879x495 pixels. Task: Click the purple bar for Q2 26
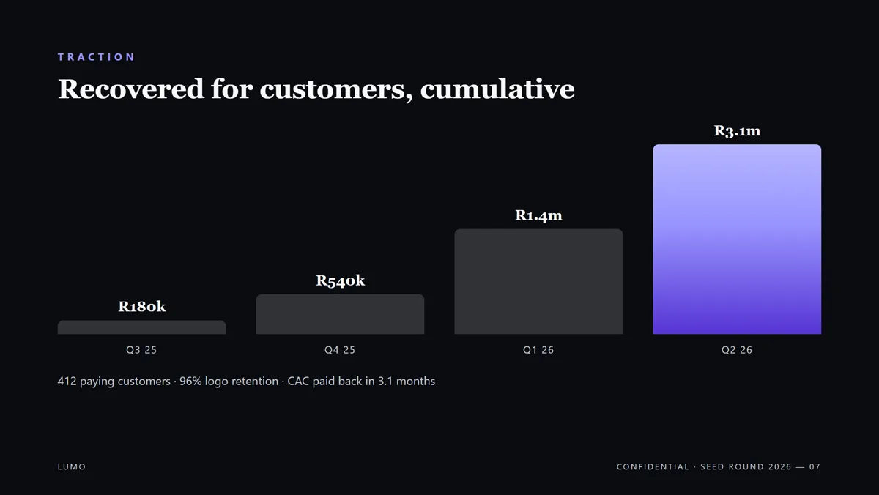(x=737, y=239)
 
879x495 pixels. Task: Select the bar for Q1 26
(x=538, y=282)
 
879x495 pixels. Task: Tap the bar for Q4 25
(x=340, y=314)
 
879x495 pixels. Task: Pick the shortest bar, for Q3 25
(x=141, y=327)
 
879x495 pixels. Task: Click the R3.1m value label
(x=737, y=131)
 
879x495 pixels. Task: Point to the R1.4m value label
(x=538, y=215)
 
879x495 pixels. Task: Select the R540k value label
(x=340, y=280)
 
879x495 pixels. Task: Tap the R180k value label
(x=141, y=306)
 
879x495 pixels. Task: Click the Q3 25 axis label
(x=141, y=350)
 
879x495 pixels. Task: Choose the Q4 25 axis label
(x=340, y=350)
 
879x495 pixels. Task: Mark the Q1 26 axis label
(x=538, y=350)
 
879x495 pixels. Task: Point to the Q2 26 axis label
(x=737, y=350)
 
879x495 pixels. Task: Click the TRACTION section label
(x=96, y=57)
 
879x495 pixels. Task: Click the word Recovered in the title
(x=130, y=89)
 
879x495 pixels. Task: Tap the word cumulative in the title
(x=497, y=89)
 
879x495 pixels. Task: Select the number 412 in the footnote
(x=67, y=382)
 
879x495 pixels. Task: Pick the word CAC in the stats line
(x=298, y=382)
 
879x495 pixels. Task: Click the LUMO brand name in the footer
(x=72, y=466)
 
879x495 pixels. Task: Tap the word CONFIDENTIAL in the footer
(x=653, y=466)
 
